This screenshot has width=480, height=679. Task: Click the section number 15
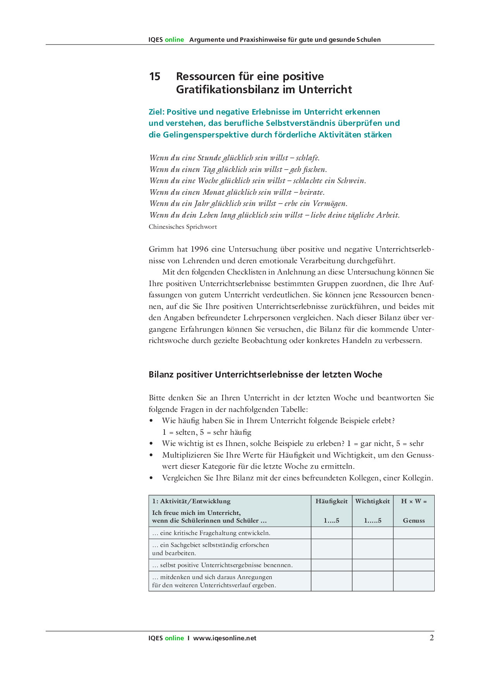click(154, 77)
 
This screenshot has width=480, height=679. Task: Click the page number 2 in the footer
click(432, 638)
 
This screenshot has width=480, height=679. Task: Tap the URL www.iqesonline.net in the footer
click(225, 638)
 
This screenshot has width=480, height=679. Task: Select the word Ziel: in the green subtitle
click(157, 112)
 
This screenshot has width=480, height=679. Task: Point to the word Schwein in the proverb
click(351, 181)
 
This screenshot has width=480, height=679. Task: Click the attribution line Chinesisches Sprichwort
click(183, 227)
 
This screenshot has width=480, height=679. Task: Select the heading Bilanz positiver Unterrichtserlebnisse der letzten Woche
click(265, 374)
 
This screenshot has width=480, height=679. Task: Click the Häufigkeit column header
click(331, 501)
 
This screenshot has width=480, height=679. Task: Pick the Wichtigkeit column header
click(372, 501)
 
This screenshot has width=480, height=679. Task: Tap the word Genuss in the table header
click(414, 521)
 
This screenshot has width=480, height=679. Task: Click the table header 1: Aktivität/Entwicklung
click(191, 501)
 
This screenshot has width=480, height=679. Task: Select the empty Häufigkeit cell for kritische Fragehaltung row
click(331, 533)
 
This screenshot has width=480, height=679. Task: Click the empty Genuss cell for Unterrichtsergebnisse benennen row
click(414, 565)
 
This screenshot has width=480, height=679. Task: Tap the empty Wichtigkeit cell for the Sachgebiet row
click(372, 549)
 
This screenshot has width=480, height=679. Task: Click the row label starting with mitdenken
click(214, 581)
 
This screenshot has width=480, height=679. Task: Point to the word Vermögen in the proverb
click(331, 204)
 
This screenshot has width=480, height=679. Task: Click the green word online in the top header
click(174, 39)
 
